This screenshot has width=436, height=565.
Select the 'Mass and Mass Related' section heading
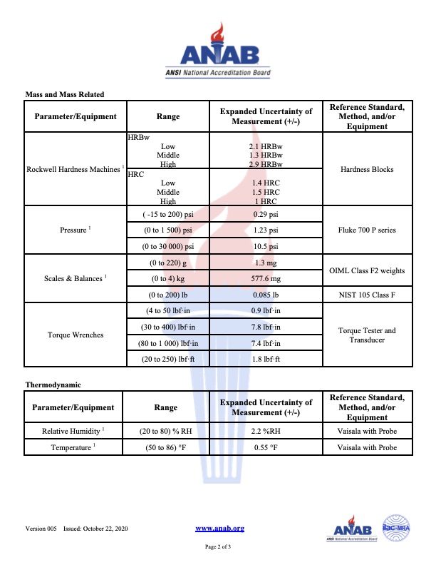click(65, 94)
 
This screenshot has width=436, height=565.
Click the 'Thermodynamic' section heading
click(53, 385)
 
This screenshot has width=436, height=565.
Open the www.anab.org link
click(219, 528)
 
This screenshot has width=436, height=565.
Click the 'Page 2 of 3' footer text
click(218, 546)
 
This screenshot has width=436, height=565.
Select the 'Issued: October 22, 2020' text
click(96, 528)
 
